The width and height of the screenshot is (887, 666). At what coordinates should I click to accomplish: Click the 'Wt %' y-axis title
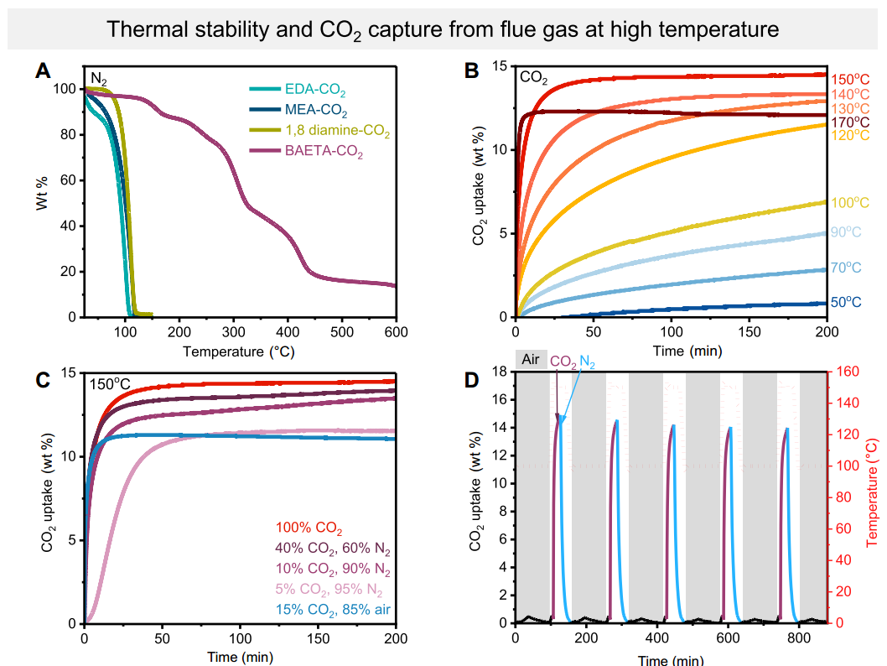tap(42, 192)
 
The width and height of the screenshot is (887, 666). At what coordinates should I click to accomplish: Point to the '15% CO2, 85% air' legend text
tap(334, 609)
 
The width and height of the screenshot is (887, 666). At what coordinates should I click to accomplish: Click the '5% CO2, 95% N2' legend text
tap(334, 589)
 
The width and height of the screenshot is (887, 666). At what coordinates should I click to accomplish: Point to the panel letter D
tap(472, 379)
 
